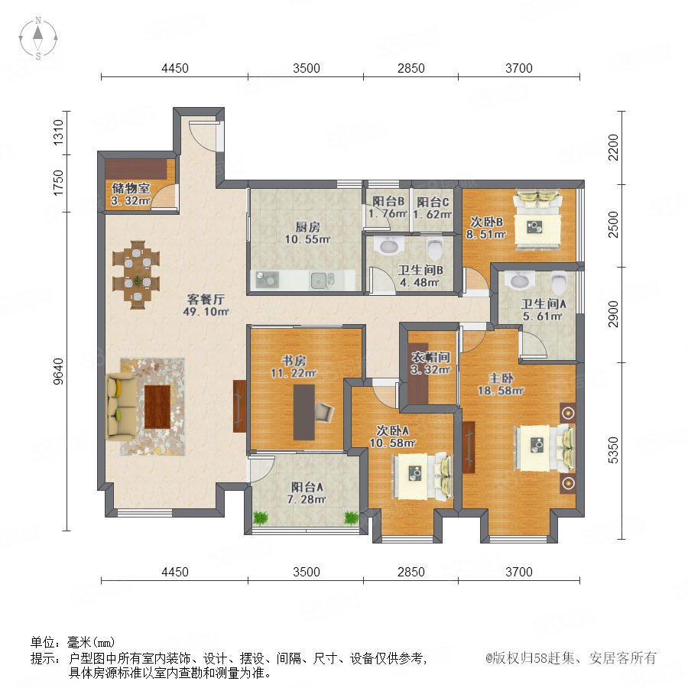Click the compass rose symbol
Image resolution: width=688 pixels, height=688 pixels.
coord(38,38)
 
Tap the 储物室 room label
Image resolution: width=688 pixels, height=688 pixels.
coord(131,188)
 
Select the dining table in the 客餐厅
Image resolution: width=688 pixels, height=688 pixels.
coord(137,275)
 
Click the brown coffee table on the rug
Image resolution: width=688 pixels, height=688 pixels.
coord(157,407)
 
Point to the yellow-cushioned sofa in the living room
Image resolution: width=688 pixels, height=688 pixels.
coord(122,407)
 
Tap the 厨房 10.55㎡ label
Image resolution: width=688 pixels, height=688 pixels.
coord(307,233)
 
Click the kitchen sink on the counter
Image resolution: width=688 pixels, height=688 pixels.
coord(323,281)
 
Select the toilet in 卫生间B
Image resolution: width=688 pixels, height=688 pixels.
coord(435,248)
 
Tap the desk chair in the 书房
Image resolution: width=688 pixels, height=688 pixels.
coord(324,412)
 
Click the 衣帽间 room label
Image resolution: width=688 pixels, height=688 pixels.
coord(431,357)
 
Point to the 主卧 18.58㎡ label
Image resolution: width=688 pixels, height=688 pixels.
coord(501,384)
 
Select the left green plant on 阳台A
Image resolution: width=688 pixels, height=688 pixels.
coord(260,518)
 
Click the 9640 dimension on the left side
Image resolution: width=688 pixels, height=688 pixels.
coord(58,372)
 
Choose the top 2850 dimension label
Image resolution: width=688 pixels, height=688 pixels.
coord(411,69)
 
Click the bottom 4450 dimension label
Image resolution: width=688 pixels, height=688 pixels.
coord(175,572)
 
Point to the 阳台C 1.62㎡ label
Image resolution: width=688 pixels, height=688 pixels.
coord(433,208)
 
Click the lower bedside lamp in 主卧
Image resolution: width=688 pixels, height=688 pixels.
coord(568,482)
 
